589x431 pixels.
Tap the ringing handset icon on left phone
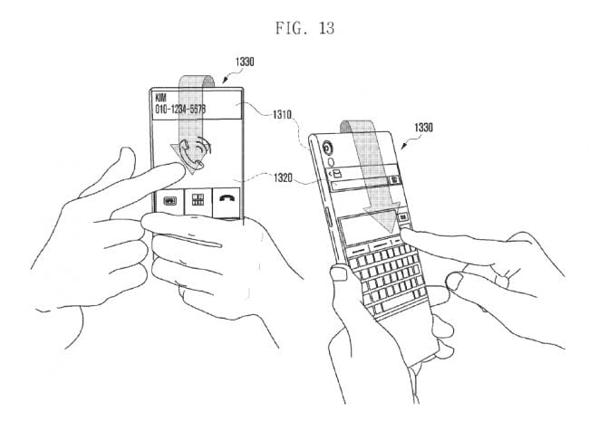(194, 153)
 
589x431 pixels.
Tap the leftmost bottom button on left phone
(169, 204)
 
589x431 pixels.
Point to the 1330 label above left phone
(244, 62)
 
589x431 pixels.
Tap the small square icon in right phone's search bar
(396, 180)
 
